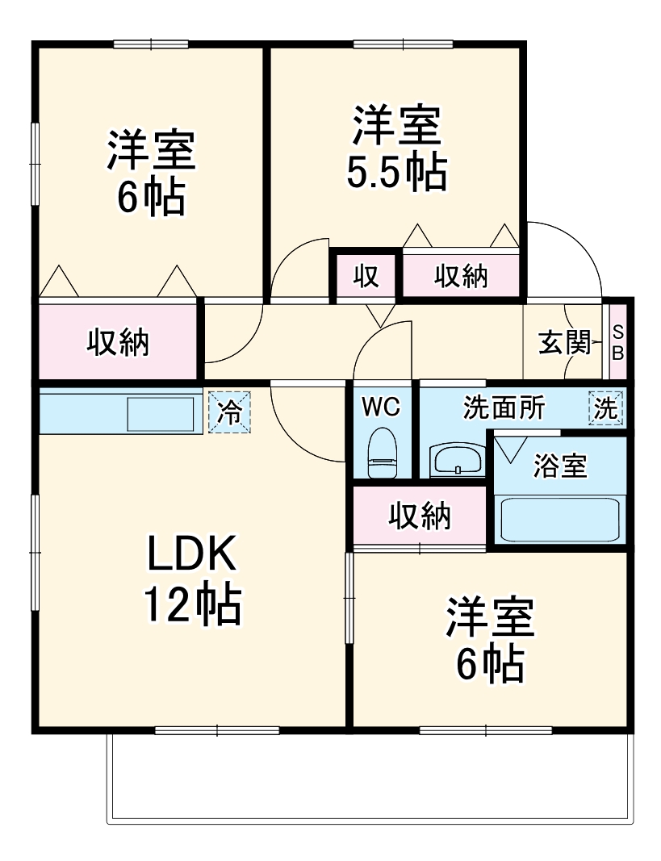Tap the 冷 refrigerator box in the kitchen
(x=230, y=412)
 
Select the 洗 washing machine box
(x=606, y=409)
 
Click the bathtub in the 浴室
(x=559, y=520)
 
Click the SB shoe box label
(x=618, y=342)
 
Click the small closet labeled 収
(x=366, y=276)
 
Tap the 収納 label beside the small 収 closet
(x=462, y=276)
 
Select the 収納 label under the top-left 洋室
(x=118, y=343)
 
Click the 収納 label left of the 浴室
(x=420, y=516)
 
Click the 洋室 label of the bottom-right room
(x=490, y=620)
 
